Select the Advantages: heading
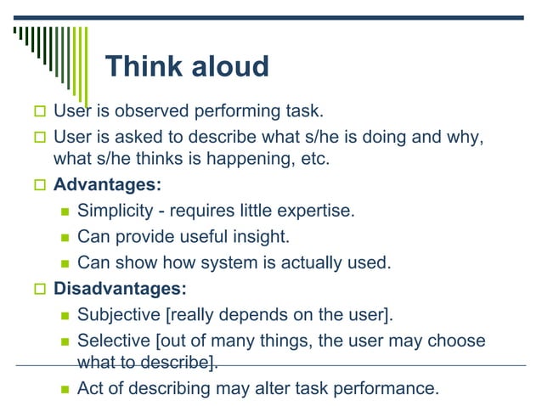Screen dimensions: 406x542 point(107,184)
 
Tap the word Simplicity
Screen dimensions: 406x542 point(114,211)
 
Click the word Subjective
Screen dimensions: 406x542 point(120,315)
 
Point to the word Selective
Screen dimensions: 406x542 point(113,341)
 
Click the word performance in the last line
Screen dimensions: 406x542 point(391,389)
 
